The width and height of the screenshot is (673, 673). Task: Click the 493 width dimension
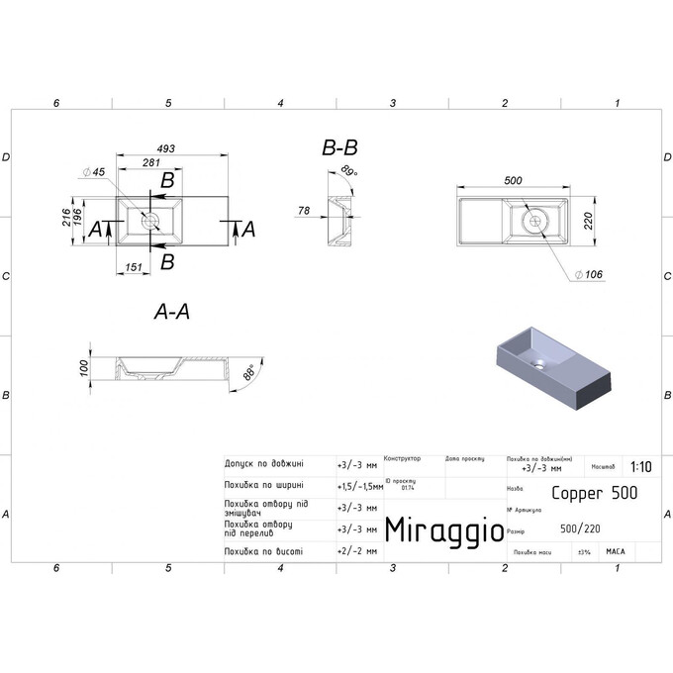166,148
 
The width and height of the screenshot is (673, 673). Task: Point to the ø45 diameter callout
98,172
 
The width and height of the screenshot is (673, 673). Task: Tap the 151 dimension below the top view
132,266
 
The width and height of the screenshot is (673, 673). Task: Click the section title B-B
339,148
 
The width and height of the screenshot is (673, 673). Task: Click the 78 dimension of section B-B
304,210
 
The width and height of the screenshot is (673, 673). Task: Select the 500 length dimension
513,180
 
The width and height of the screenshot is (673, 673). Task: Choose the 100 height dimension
85,366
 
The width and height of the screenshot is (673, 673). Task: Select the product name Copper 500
593,492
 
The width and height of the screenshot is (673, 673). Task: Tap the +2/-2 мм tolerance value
357,551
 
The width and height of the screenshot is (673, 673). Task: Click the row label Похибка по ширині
263,485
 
